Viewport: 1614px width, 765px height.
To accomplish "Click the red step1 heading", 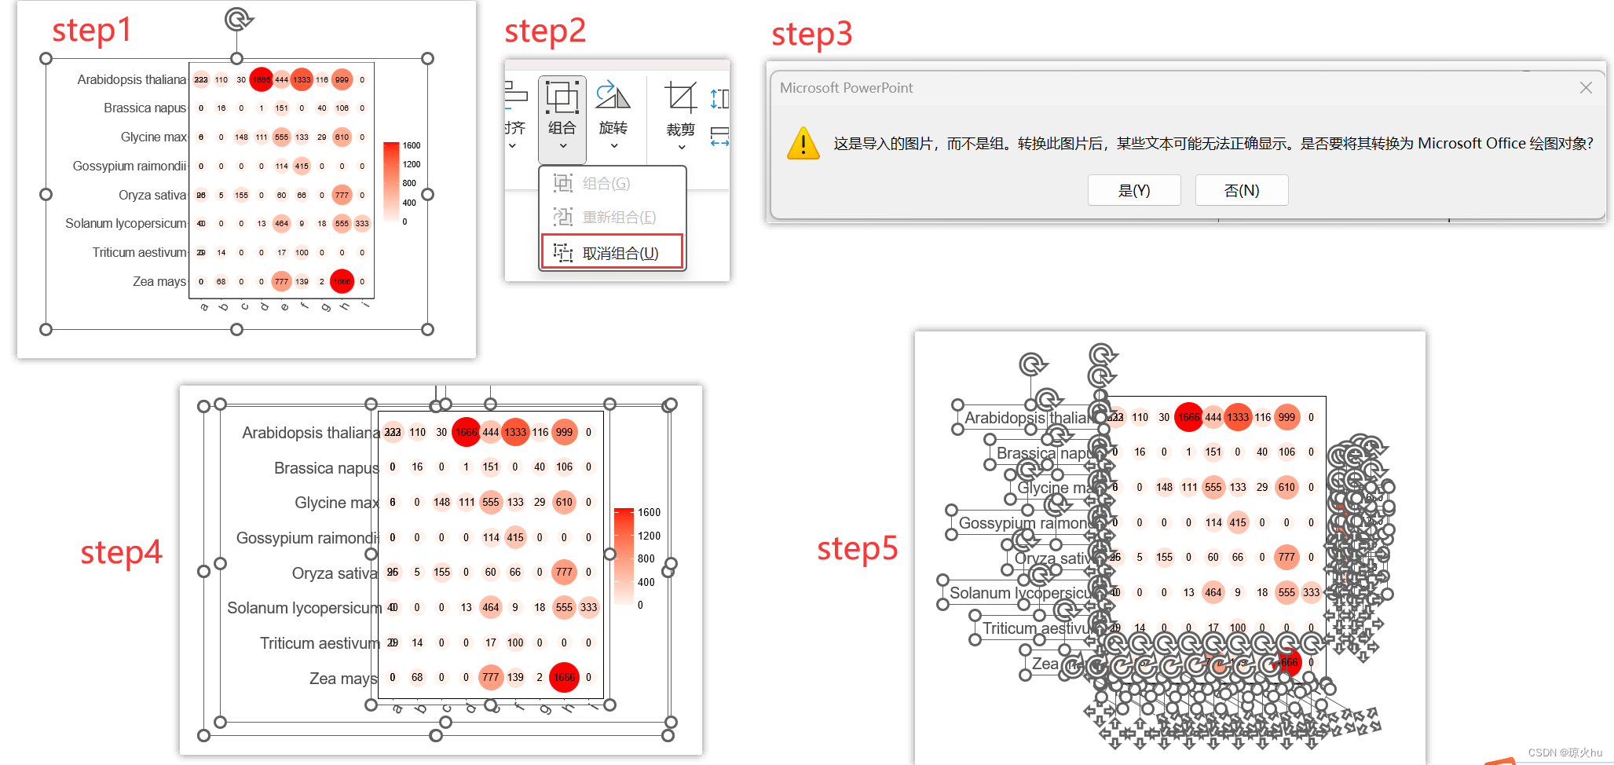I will [91, 31].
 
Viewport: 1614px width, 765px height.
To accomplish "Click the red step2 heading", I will [545, 31].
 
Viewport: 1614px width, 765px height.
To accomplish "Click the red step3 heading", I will [811, 35].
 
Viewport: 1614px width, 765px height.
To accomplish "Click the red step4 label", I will [121, 552].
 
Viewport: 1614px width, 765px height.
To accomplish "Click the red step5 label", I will [857, 548].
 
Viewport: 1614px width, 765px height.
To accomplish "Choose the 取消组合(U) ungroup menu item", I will [612, 253].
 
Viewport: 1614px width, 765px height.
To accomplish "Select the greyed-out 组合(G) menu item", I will [605, 184].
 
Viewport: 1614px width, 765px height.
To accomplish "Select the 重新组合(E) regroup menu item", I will [617, 217].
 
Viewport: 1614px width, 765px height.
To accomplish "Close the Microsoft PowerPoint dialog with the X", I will [1586, 88].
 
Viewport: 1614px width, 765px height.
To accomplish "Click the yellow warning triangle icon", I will [803, 144].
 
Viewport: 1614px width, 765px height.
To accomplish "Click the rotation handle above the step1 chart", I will [237, 19].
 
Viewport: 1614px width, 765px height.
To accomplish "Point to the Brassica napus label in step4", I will [326, 468].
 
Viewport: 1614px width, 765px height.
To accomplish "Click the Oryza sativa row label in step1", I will [152, 195].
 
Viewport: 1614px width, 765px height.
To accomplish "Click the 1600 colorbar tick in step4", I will [649, 513].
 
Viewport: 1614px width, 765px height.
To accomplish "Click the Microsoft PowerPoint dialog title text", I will [846, 88].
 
